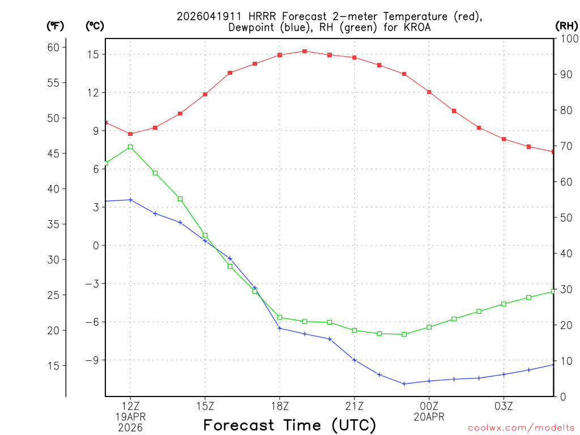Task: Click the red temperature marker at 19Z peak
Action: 305,51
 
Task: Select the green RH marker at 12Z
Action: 130,147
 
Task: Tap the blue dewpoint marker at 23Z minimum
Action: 404,383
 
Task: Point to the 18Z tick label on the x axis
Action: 280,406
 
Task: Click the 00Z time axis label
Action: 429,406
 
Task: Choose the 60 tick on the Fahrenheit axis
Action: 53,47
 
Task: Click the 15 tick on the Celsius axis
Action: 93,54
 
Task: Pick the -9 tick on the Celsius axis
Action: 92,360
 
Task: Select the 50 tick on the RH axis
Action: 565,217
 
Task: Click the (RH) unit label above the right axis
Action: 566,25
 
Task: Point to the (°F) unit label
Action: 55,25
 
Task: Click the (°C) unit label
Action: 95,25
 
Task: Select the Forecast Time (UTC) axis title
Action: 289,425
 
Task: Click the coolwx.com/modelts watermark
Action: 521,428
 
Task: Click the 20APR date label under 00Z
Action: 429,417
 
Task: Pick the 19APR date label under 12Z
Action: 130,417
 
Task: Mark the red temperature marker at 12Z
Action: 130,134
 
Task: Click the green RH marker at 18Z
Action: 280,317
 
